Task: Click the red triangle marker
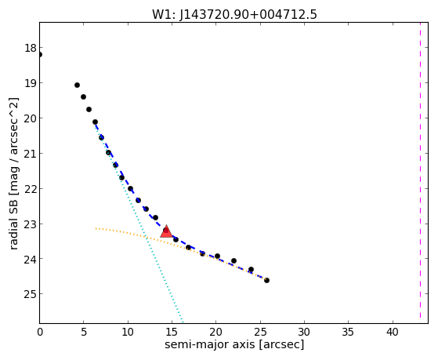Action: click(x=166, y=231)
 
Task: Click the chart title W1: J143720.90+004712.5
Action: click(x=234, y=15)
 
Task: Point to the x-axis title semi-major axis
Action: click(x=234, y=344)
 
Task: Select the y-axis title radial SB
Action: click(x=14, y=173)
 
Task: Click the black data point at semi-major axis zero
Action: click(x=40, y=55)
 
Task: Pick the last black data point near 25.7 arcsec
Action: click(x=266, y=280)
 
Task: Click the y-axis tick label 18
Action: click(x=31, y=48)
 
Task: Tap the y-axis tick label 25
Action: click(x=31, y=294)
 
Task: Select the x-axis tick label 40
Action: click(x=393, y=332)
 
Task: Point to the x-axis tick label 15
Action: click(x=172, y=332)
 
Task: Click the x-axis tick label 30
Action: click(x=304, y=332)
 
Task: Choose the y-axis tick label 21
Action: click(x=31, y=153)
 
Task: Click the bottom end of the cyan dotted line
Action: click(x=183, y=322)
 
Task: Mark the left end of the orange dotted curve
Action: click(x=96, y=228)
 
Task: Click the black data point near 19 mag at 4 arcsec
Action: click(x=77, y=85)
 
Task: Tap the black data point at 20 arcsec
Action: click(x=217, y=256)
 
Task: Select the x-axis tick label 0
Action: click(x=40, y=332)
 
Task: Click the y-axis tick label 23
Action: click(x=31, y=224)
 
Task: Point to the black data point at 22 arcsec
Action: click(x=233, y=260)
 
